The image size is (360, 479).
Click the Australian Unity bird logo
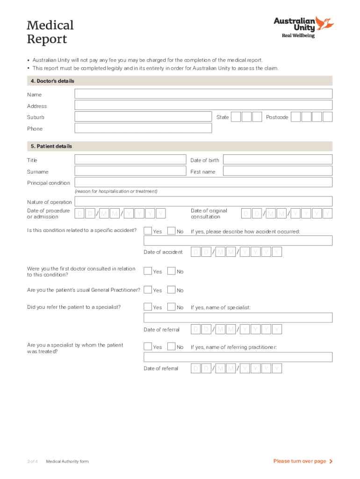coord(324,23)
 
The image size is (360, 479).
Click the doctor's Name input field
coord(203,94)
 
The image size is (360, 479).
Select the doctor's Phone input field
coord(143,128)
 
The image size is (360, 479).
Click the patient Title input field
coord(130,160)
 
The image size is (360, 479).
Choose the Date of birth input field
coord(277,160)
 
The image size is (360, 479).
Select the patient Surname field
coord(130,171)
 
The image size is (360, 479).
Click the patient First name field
coord(277,171)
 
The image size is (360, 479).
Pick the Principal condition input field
coord(203,182)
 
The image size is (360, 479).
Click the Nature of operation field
coord(203,202)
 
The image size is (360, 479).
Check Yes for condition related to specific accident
coord(148,231)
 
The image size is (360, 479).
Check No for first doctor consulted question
coord(171,271)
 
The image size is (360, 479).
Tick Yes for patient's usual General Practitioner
coord(148,290)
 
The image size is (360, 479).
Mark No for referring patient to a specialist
coord(171,307)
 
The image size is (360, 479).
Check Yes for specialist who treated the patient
coord(148,346)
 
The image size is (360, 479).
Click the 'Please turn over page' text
coord(300,461)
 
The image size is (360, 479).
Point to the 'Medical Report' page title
coord(50,31)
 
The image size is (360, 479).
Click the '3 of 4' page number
coord(32,462)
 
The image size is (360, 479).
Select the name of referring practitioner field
coord(238,357)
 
